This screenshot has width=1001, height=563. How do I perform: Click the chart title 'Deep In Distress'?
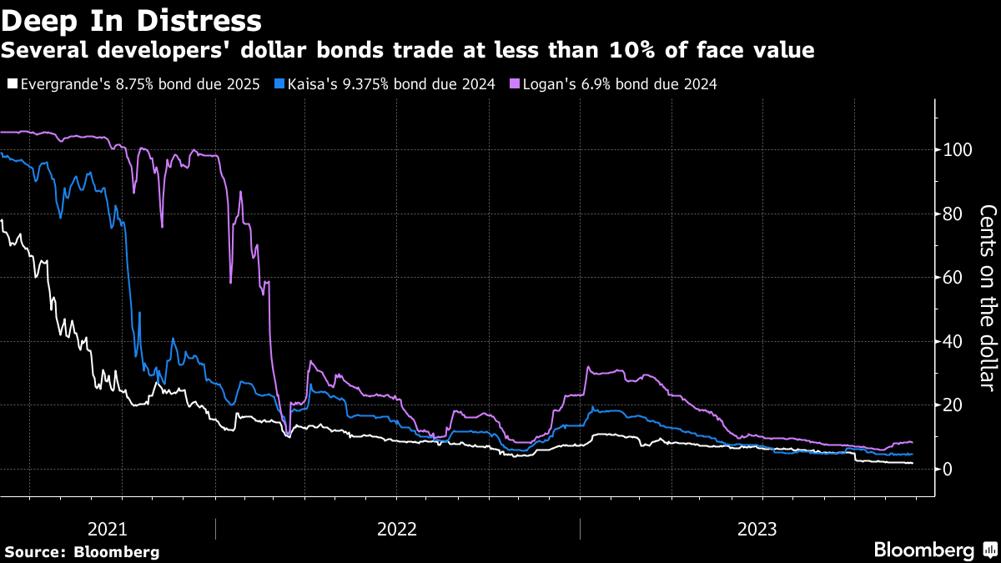pos(132,18)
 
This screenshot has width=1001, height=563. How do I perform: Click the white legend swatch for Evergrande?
pos(12,84)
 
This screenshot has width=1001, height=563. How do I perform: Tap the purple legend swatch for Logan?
pos(515,84)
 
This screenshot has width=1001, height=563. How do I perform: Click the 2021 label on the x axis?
pos(108,529)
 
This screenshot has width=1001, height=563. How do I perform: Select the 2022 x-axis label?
pos(397,529)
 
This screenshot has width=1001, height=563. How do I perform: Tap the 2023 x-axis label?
pos(757,529)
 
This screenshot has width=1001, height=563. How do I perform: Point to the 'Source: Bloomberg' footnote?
pos(82,551)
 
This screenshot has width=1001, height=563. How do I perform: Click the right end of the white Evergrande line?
pos(913,463)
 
